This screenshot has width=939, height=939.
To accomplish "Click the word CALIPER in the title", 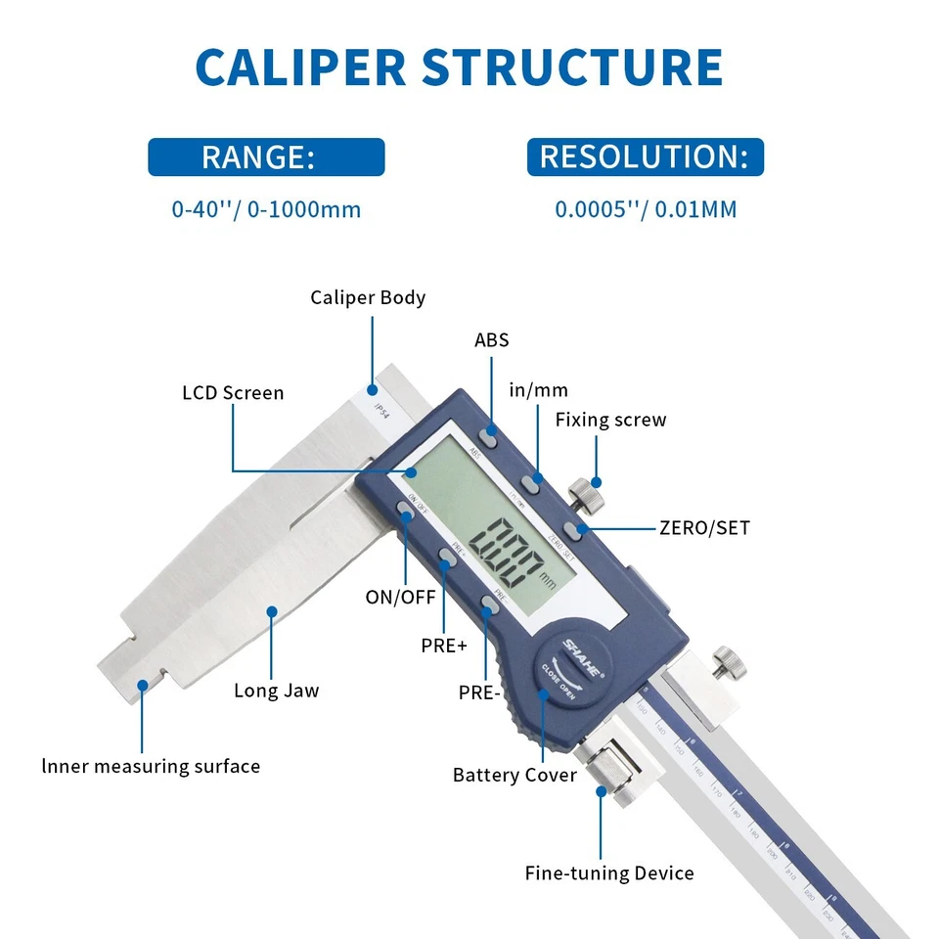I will coord(300,67).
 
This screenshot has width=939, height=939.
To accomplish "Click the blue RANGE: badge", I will coord(266,157).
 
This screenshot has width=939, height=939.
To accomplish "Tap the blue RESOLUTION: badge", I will coord(645,157).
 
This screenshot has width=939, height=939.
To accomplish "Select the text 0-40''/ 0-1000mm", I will coord(266,209).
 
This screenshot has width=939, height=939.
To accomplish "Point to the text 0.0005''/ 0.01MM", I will coord(646,209).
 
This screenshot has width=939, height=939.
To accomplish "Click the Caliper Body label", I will coord(368,297).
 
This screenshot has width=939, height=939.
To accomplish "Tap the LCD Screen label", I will coord(233,393).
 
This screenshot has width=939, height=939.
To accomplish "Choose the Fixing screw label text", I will coord(610,421).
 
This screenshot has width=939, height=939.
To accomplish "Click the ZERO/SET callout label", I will coord(704,528).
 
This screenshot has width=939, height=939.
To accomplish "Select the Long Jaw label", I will coord(276,691).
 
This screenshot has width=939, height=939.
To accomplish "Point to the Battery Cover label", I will coord(514,776).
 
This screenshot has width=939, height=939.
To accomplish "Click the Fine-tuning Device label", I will coord(609,873).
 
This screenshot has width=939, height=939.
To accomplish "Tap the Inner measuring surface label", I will coord(151,766).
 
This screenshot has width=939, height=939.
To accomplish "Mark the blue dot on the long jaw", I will coord(273,611).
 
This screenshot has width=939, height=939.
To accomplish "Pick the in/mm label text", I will coord(538,390).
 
